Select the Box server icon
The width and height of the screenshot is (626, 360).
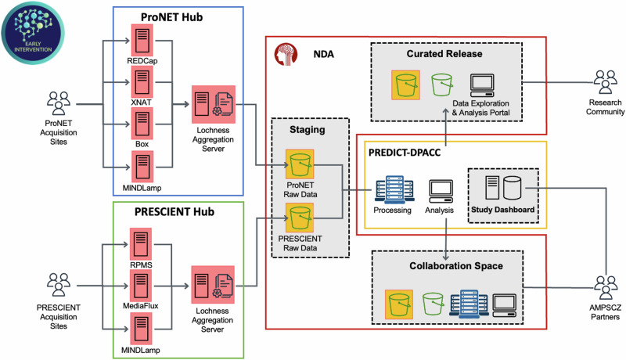[142, 124]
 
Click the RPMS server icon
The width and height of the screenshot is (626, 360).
[142, 243]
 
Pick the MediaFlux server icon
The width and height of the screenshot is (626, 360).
[142, 283]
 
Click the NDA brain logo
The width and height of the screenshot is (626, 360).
[284, 56]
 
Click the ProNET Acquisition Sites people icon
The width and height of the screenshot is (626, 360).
[59, 103]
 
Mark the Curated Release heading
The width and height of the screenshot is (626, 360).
[444, 53]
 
